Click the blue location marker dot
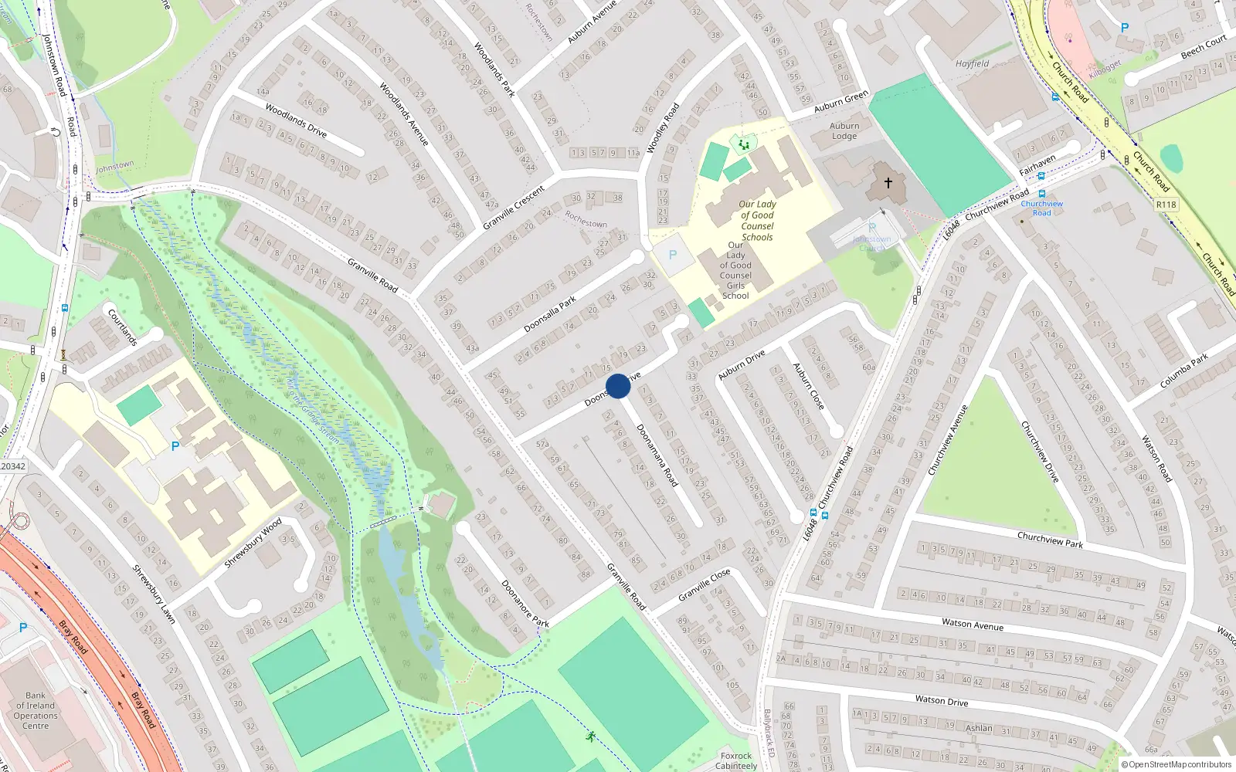click(618, 386)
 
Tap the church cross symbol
click(888, 183)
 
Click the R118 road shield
click(1166, 205)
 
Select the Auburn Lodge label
click(844, 131)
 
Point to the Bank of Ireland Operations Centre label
click(36, 710)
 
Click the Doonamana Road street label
click(657, 455)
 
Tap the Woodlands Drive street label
click(296, 120)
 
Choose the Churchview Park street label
click(1050, 539)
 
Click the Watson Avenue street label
click(973, 625)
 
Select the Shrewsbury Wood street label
click(253, 543)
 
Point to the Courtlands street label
click(122, 327)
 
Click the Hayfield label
click(972, 64)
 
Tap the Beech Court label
click(1203, 46)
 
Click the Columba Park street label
click(1183, 371)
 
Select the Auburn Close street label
click(808, 386)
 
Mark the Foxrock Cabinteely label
click(736, 761)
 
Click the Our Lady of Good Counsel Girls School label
click(735, 270)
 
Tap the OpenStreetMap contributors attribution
click(1177, 764)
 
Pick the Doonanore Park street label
click(525, 604)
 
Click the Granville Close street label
click(704, 585)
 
